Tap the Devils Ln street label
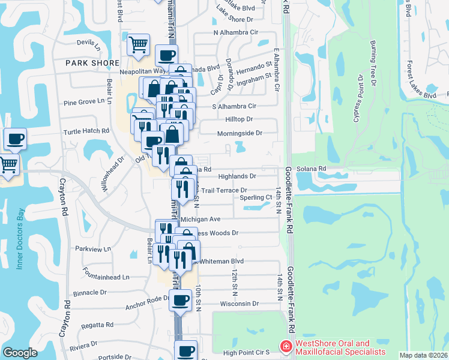[x=89, y=43]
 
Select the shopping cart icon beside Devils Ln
[x=139, y=44]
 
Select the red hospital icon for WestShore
[x=286, y=347]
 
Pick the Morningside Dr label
[x=240, y=133]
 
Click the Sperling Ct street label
[x=256, y=197]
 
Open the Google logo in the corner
[x=20, y=352]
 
